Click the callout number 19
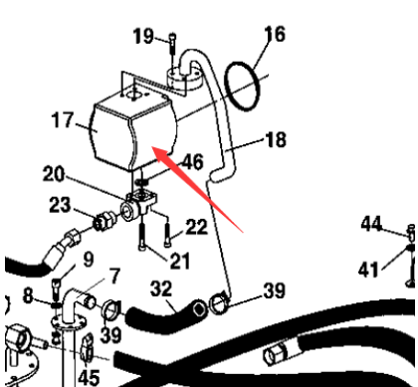click(x=142, y=38)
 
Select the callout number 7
click(x=114, y=274)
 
